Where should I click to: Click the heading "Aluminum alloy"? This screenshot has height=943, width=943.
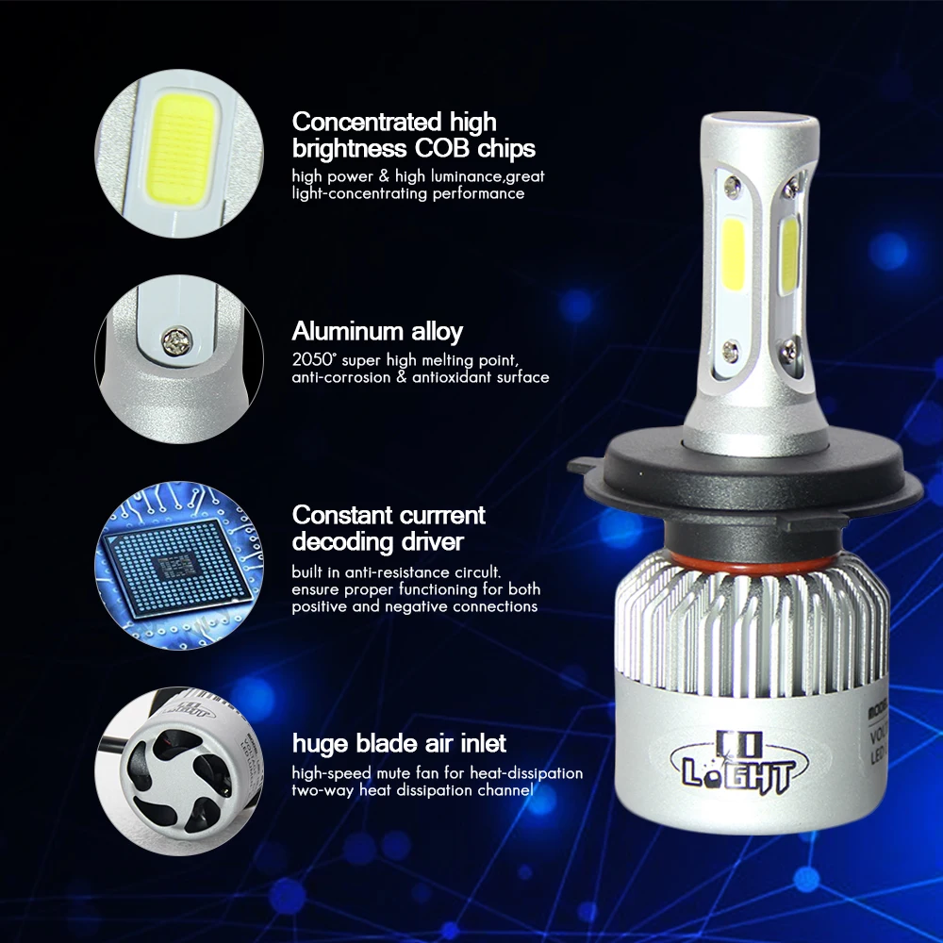[377, 332]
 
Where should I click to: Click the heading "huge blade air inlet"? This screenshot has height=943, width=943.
[399, 743]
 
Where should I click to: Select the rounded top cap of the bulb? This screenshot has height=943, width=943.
[754, 132]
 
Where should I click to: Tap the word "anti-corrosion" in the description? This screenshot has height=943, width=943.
[338, 377]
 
